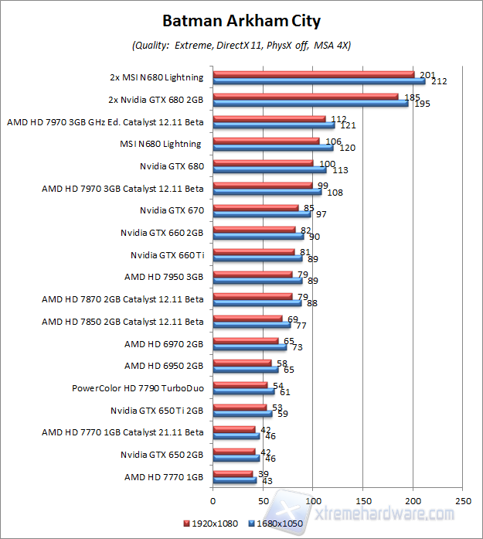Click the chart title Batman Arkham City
click(241, 22)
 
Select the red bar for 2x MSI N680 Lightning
click(313, 74)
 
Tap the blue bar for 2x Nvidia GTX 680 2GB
click(310, 103)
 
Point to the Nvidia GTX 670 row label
click(172, 210)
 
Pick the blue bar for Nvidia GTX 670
click(261, 213)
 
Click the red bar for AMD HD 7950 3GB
click(252, 274)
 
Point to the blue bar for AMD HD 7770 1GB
click(234, 480)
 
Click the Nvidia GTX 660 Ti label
click(166, 254)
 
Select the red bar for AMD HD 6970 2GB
click(245, 340)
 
